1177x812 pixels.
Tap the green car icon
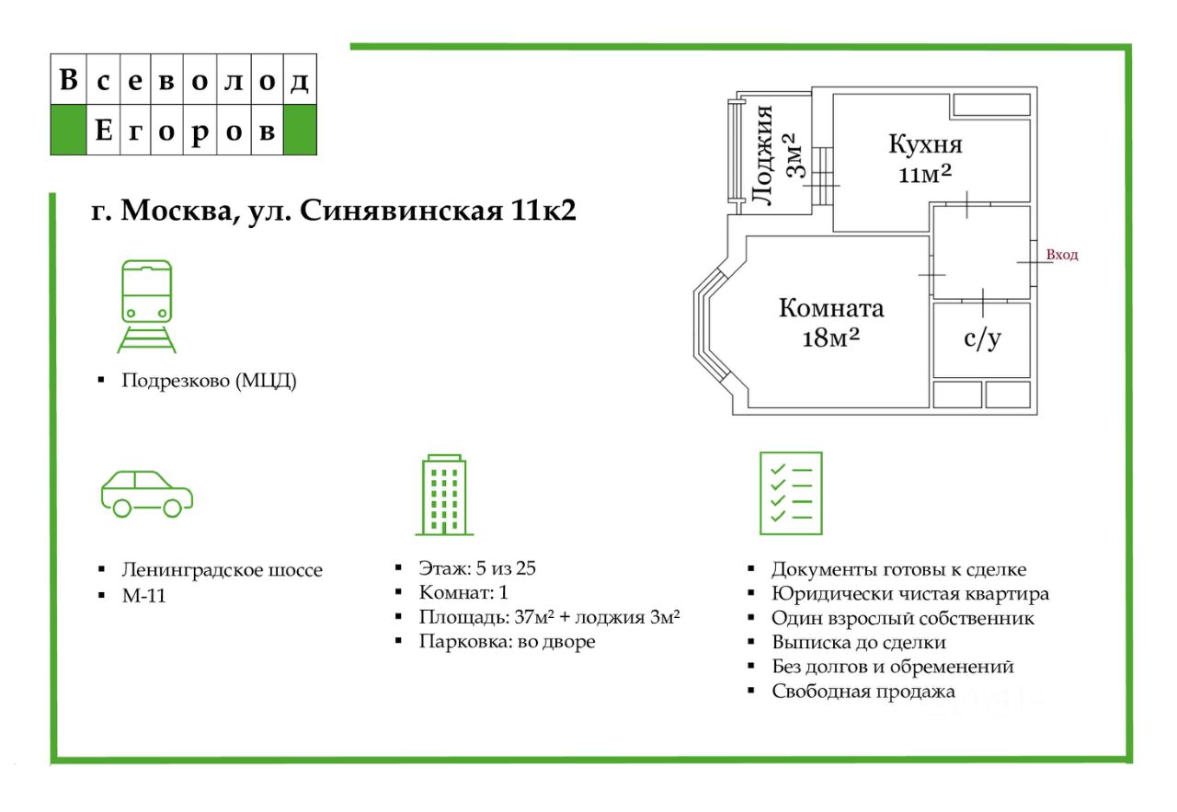(x=146, y=494)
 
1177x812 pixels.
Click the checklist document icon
(x=790, y=493)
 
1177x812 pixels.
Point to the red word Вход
(x=1062, y=255)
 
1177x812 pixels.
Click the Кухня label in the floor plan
(x=925, y=144)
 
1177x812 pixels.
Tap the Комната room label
(x=830, y=308)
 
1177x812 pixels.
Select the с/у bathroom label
(x=981, y=338)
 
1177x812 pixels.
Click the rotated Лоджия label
(x=762, y=154)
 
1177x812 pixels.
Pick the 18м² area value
(x=830, y=337)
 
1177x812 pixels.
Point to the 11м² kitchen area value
(x=925, y=175)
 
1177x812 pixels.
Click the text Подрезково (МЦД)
(x=209, y=382)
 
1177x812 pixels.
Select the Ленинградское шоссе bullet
(x=222, y=570)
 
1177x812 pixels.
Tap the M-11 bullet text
(x=143, y=596)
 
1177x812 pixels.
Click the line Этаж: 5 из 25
(x=476, y=568)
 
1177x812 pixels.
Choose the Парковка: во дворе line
(x=507, y=642)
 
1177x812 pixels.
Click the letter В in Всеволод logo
(x=68, y=81)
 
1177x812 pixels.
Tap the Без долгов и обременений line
(x=892, y=667)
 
